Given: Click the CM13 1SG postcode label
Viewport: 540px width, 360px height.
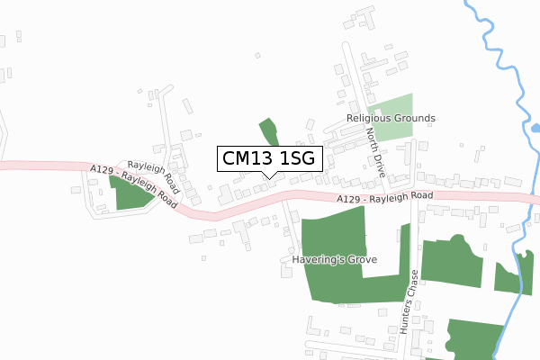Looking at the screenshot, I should pyautogui.click(x=267, y=158).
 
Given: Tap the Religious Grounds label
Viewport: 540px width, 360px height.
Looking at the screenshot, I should pyautogui.click(x=391, y=118).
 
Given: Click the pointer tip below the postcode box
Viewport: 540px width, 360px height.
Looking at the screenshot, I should pyautogui.click(x=267, y=176).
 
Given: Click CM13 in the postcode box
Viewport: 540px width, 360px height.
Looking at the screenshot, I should pyautogui.click(x=245, y=158).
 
